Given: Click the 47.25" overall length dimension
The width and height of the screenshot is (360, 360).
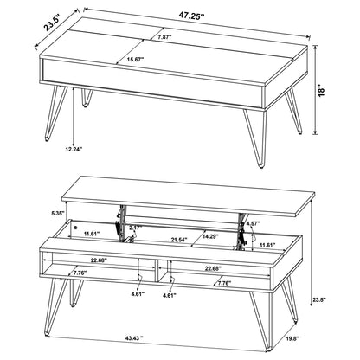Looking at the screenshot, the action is pos(191,16).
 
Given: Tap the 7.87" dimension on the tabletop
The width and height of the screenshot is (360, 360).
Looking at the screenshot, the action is pos(164,36).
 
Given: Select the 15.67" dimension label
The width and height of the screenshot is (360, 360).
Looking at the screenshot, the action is pos(135,60).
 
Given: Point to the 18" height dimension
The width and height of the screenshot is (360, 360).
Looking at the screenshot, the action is pos(321,90).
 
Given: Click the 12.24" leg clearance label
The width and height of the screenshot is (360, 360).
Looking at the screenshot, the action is pos(74,149).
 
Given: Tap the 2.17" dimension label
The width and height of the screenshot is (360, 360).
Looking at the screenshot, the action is pos(136,228).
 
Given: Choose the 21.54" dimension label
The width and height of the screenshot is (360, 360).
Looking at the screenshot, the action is pos(179,239).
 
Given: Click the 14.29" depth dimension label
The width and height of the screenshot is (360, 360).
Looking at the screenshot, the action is pos(210,236).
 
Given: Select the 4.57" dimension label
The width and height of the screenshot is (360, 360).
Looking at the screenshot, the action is pos(254,223).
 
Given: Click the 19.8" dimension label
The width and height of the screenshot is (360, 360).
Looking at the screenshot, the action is pos(292,337).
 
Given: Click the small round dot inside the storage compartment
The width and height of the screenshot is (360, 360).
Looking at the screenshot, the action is pos(75,227).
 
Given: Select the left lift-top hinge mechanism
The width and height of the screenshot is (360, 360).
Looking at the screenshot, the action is pos(121,222).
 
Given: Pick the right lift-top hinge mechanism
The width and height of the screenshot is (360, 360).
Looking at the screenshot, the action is pos(241,230).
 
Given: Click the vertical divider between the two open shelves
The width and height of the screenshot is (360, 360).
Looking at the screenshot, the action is pos(157,270).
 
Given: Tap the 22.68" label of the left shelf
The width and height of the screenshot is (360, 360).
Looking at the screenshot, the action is pos(99,260).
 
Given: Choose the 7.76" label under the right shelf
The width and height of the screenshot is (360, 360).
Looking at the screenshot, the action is pos(224,283).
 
